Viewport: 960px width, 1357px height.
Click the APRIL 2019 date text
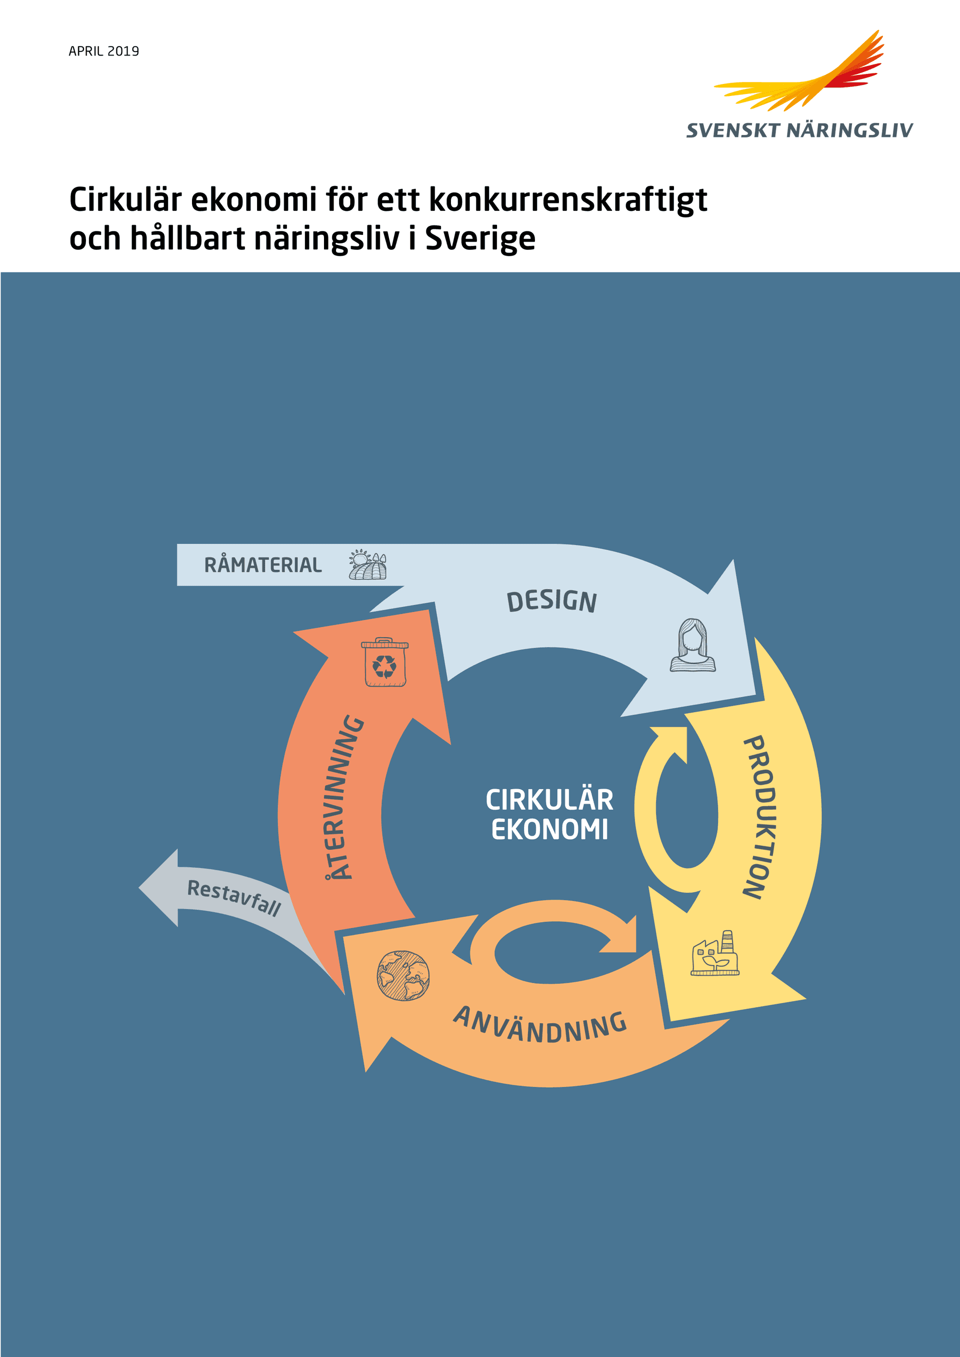pyautogui.click(x=104, y=51)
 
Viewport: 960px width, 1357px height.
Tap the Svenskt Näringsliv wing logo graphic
pyautogui.click(x=799, y=70)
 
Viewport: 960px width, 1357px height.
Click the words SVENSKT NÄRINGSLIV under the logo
pyautogui.click(x=799, y=130)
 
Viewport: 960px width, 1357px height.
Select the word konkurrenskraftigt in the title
pyautogui.click(x=568, y=200)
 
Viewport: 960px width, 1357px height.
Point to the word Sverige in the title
pyautogui.click(x=480, y=239)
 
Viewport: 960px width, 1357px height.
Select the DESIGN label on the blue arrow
pyautogui.click(x=552, y=601)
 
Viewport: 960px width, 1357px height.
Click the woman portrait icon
pyautogui.click(x=692, y=645)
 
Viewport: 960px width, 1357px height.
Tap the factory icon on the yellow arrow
pyautogui.click(x=714, y=953)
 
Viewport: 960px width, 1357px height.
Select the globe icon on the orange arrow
pyautogui.click(x=403, y=975)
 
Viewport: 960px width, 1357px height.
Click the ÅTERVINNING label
pyautogui.click(x=344, y=797)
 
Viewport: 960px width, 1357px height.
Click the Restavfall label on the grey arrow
pyautogui.click(x=234, y=897)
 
